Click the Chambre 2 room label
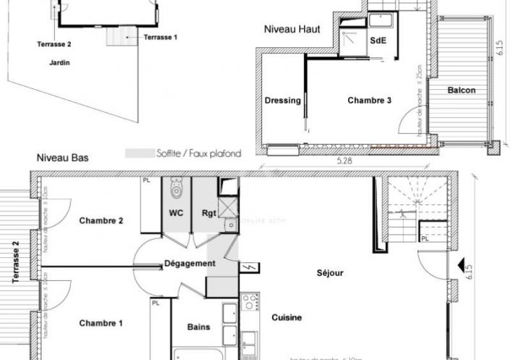click(x=101, y=221)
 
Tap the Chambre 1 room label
click(x=101, y=323)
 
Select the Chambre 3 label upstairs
click(x=369, y=101)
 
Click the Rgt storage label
click(x=208, y=214)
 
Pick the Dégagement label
click(x=190, y=264)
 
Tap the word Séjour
click(x=329, y=273)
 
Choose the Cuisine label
click(x=287, y=317)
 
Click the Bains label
click(x=198, y=327)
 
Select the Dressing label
click(x=282, y=101)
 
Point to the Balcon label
click(x=461, y=91)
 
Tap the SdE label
click(x=379, y=41)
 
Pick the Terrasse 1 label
click(x=160, y=36)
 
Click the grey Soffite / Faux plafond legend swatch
click(x=139, y=154)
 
